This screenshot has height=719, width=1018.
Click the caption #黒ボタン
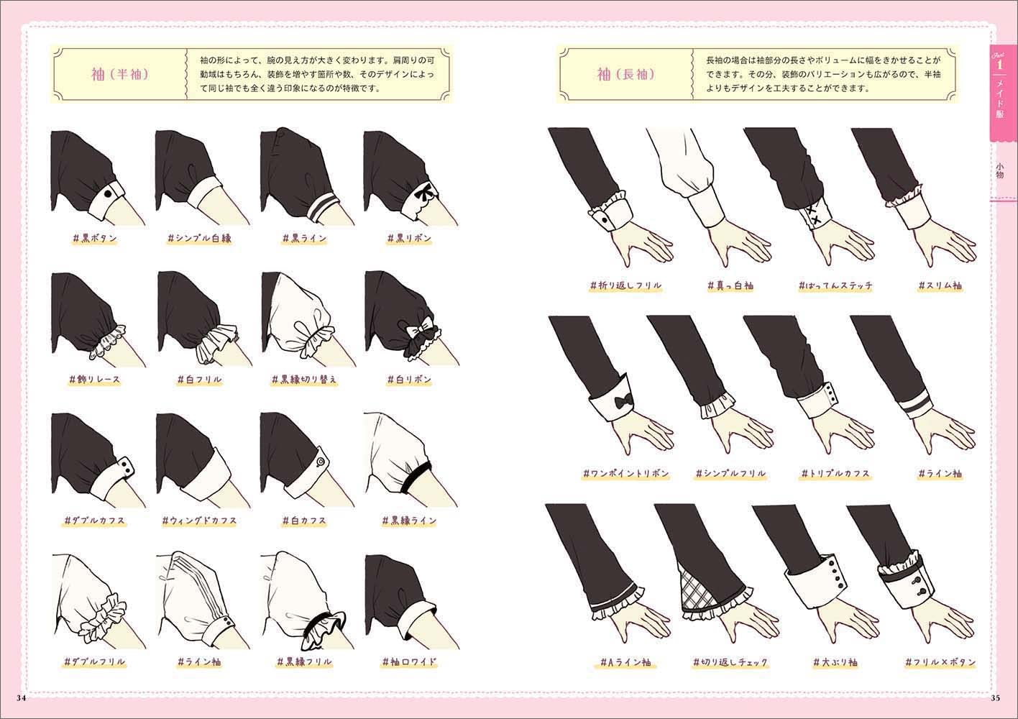point(95,238)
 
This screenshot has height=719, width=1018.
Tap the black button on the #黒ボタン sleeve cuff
point(108,194)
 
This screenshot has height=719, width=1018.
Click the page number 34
point(21,698)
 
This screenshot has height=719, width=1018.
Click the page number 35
point(995,698)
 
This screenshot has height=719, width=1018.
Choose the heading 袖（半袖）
point(120,74)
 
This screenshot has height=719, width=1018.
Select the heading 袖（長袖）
point(625,74)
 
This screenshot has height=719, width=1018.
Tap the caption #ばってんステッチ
point(836,285)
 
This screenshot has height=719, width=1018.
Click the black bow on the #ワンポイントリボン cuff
point(622,402)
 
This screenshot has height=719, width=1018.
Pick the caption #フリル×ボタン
point(940,661)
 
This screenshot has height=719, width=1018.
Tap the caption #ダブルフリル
point(94,661)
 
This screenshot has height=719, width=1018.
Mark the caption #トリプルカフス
point(835,474)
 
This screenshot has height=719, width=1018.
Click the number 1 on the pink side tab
point(999,65)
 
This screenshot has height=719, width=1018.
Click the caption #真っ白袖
point(730,285)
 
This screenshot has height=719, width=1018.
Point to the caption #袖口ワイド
point(410,661)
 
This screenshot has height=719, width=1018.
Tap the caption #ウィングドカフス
point(200,521)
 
